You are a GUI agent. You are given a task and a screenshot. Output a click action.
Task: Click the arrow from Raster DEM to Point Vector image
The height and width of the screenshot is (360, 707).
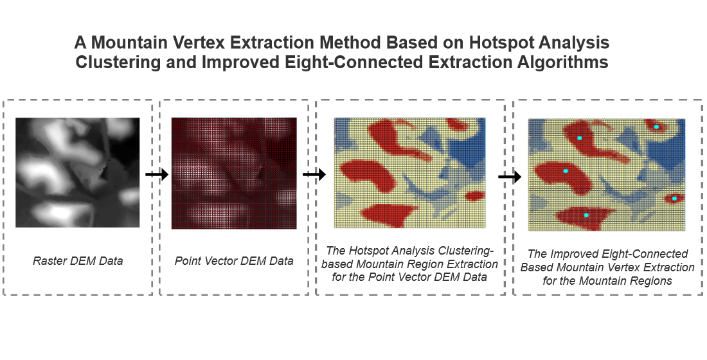(156, 174)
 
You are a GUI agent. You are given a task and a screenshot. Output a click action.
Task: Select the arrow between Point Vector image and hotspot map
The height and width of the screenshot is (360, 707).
(313, 174)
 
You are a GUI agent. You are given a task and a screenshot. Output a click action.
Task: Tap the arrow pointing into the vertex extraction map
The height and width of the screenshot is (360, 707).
(510, 177)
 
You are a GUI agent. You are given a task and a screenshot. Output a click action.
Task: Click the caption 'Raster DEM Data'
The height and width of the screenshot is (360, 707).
(77, 261)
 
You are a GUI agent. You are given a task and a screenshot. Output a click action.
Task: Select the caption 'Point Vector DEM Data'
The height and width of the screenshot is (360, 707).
(234, 261)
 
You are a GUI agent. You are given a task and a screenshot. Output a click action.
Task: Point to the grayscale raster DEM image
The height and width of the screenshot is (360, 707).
(77, 172)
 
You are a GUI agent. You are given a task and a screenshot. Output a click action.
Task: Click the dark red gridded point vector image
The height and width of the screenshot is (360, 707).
(234, 173)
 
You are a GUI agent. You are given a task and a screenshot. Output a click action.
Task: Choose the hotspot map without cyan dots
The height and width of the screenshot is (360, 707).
(409, 173)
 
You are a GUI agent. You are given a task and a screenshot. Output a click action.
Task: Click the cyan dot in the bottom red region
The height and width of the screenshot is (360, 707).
(586, 215)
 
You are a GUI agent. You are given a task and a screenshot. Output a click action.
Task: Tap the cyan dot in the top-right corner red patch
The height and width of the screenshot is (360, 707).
(656, 127)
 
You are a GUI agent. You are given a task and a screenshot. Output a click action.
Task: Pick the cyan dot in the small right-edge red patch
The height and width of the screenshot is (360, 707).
(674, 198)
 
